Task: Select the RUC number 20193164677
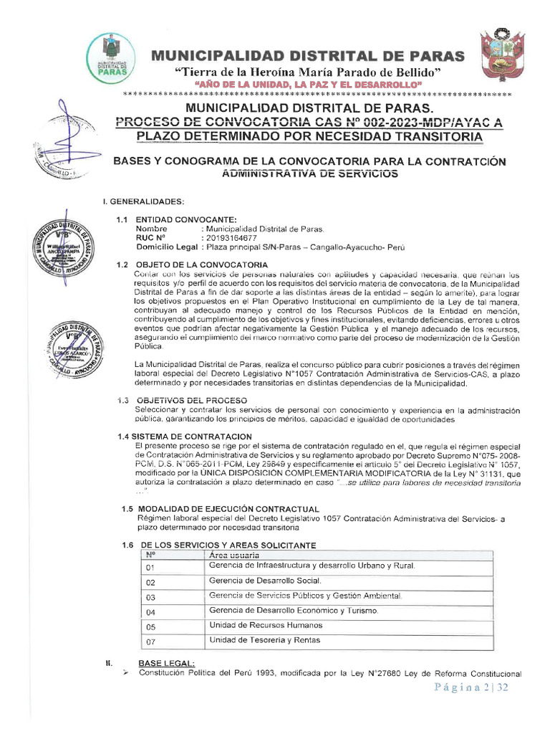coord(231,238)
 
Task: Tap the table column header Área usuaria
coord(234,555)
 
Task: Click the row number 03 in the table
coord(150,596)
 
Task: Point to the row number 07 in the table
coord(150,641)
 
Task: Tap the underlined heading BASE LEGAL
coord(166,663)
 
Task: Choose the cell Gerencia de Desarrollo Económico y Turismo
coord(293,611)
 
